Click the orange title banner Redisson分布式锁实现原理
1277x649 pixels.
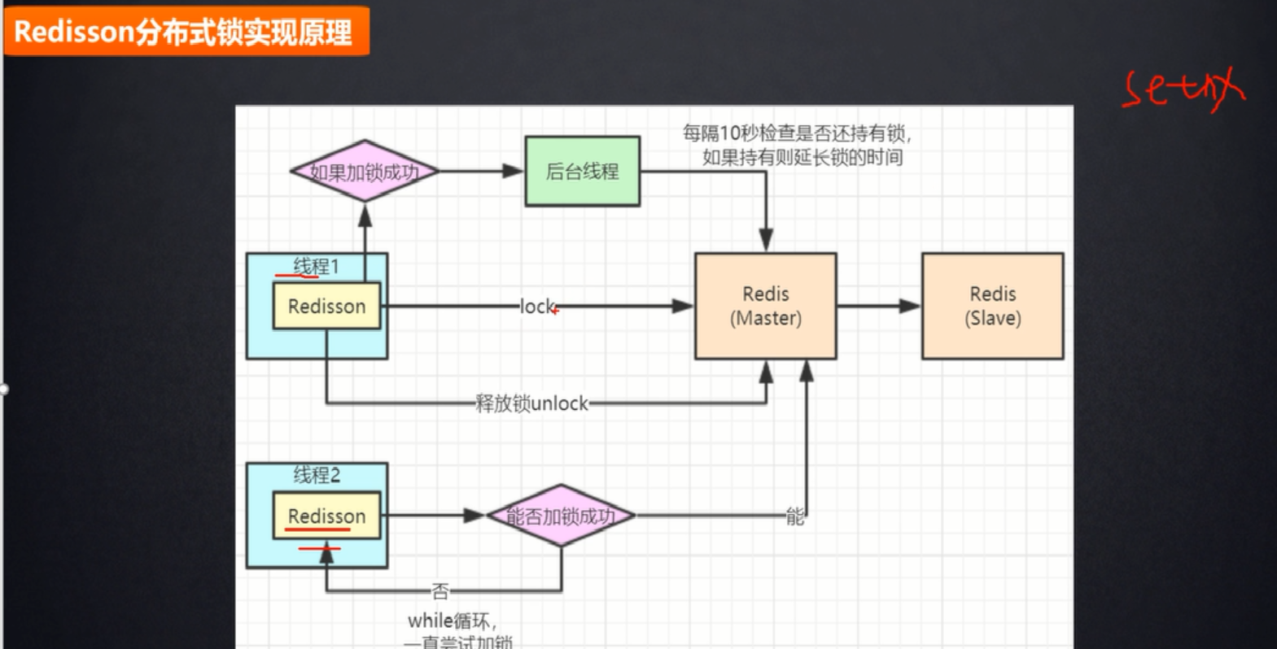coord(186,31)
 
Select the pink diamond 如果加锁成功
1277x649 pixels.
coord(364,172)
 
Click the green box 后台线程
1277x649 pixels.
coord(582,172)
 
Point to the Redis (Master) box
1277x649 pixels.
coord(765,306)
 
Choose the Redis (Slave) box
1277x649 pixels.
coord(992,306)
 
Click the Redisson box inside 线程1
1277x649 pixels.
coord(326,307)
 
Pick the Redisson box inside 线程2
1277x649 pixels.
coord(326,516)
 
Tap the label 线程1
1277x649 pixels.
coord(316,266)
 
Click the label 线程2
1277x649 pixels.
coord(317,475)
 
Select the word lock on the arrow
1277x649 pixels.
coord(537,307)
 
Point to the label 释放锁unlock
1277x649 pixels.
coord(531,403)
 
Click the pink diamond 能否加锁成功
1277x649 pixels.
coord(561,516)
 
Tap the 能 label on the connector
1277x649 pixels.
coord(794,516)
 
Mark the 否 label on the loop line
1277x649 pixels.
coord(440,590)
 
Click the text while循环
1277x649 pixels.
coord(451,621)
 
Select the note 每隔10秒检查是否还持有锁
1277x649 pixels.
coord(796,133)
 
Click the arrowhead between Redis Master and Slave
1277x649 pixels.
coord(909,307)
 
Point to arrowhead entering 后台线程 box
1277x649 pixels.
coord(513,172)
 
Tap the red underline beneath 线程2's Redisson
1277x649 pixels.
coord(317,530)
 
